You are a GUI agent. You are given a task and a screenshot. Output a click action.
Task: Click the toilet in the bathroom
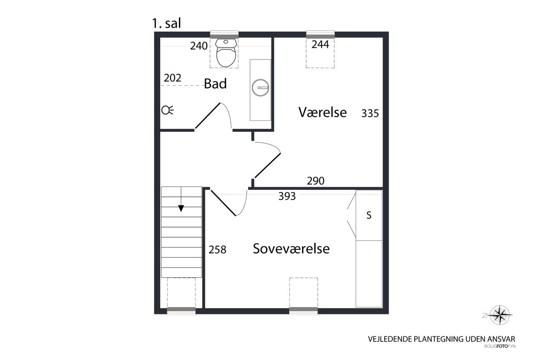[x=226, y=53]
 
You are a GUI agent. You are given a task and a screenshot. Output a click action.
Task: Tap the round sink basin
[x=260, y=87]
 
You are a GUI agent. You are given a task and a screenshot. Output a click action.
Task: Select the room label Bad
[x=215, y=84]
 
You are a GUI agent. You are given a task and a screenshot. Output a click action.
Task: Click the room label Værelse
[x=323, y=112]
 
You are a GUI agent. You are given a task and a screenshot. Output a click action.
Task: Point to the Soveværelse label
[x=291, y=249]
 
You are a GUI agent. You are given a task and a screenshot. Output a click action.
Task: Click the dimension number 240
[x=199, y=46]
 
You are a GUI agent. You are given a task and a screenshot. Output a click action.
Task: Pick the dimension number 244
[x=320, y=44]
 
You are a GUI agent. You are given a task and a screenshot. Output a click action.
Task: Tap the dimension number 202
[x=173, y=78]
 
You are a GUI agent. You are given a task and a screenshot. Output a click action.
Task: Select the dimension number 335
[x=370, y=114]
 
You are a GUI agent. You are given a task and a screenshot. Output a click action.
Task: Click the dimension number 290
[x=316, y=181]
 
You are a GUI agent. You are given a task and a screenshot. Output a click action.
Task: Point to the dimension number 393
[x=287, y=196]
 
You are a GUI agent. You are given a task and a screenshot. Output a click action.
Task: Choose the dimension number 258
[x=217, y=250]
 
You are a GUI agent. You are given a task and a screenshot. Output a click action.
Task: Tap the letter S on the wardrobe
[x=369, y=215]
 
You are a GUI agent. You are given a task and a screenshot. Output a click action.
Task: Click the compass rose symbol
[x=500, y=315]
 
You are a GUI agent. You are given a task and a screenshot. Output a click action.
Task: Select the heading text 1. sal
[x=166, y=23]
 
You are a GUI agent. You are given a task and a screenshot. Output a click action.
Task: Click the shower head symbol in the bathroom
[x=167, y=110]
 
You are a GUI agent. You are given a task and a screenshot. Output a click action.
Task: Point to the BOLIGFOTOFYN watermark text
[x=500, y=346]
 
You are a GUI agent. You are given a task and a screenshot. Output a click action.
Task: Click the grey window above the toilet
[x=224, y=35]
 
